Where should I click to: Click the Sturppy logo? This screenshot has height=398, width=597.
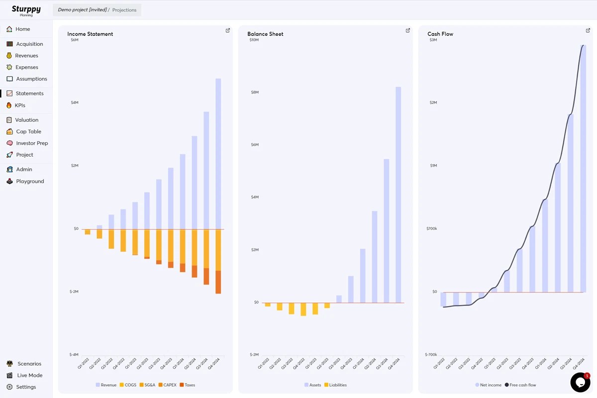pos(26,10)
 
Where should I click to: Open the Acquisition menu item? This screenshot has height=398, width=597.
pos(29,44)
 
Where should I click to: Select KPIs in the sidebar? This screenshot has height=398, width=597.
pos(19,105)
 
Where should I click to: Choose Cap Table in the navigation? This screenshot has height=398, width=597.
pos(28,131)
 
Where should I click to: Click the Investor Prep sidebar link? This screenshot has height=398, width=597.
pos(32,143)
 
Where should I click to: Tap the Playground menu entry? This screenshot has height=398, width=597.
pos(30,181)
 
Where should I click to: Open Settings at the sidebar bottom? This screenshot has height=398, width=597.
pos(26,387)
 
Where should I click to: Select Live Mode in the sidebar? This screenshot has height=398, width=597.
pos(29,375)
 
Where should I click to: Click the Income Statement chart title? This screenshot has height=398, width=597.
pos(90,34)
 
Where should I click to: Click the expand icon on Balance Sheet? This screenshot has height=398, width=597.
pos(408,30)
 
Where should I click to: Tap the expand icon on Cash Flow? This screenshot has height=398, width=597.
pos(588,30)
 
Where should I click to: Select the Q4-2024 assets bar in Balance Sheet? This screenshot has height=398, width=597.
pos(398,194)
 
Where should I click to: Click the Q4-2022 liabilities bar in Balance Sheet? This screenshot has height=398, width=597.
pos(303,309)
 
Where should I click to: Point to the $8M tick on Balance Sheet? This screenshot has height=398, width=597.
pos(254,93)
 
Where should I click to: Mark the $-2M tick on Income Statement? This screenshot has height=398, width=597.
pos(74,292)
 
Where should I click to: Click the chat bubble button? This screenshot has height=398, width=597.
pos(580,382)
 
